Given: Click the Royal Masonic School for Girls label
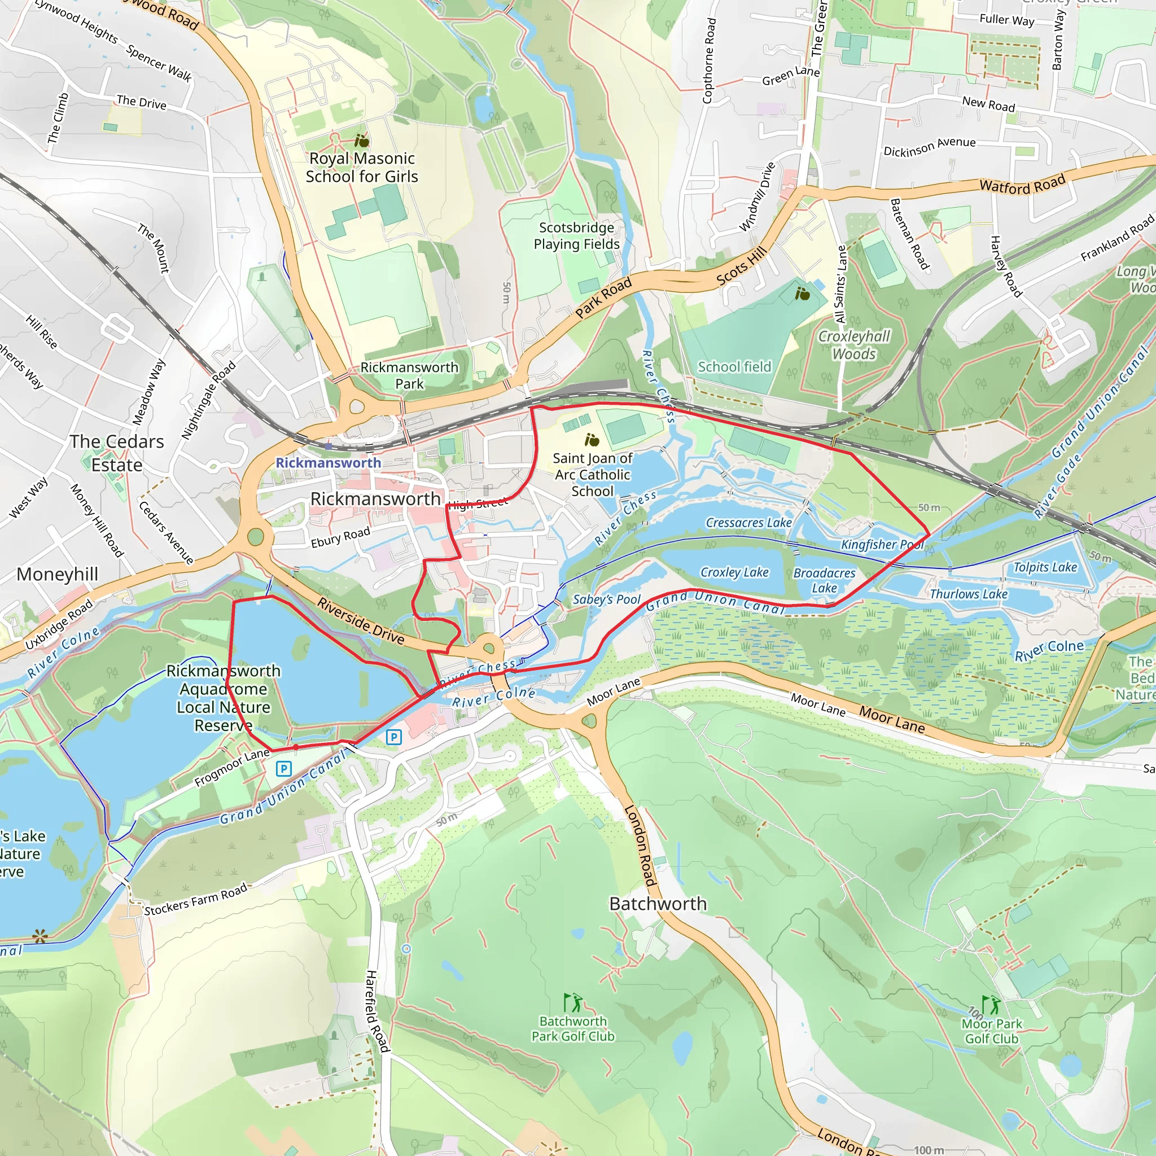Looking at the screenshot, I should click(x=361, y=168).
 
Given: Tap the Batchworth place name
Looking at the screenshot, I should click(x=658, y=904).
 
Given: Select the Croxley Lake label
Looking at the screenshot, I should click(x=734, y=572).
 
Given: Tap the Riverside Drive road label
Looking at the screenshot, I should click(x=361, y=621).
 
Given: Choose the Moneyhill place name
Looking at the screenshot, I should click(x=58, y=575).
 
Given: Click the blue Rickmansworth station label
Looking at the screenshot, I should click(x=328, y=462).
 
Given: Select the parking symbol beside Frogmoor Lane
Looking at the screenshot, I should click(x=283, y=768).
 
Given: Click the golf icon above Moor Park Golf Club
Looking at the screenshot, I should click(x=991, y=1004).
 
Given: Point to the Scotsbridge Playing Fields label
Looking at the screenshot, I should click(x=576, y=236).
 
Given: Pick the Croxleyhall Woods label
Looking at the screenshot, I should click(x=854, y=345).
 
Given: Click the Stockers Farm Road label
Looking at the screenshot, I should click(x=196, y=900).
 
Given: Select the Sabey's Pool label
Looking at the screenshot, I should click(x=606, y=599).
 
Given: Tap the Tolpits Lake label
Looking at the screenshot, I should click(x=1045, y=567).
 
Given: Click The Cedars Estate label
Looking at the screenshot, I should click(x=117, y=453).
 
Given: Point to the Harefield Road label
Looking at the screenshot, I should click(x=377, y=1011).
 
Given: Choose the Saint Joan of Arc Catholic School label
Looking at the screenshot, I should click(x=592, y=475).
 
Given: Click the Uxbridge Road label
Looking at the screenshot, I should click(x=59, y=625).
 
